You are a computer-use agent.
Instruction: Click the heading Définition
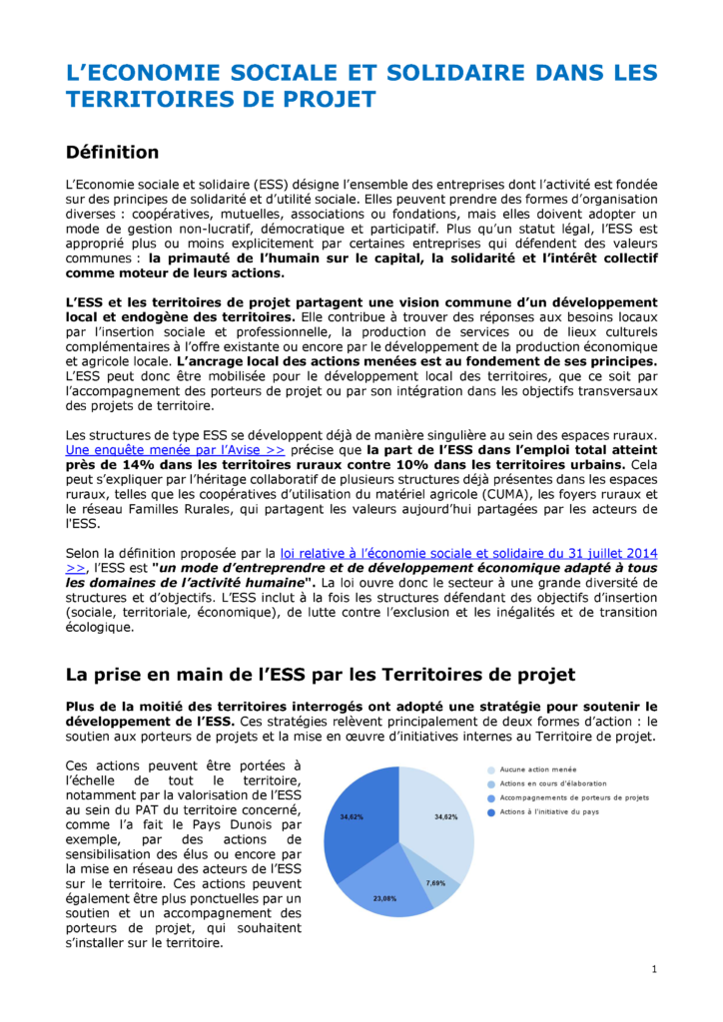click(112, 153)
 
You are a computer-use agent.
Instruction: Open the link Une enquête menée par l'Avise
click(175, 450)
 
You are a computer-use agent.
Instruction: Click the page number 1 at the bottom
click(653, 969)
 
